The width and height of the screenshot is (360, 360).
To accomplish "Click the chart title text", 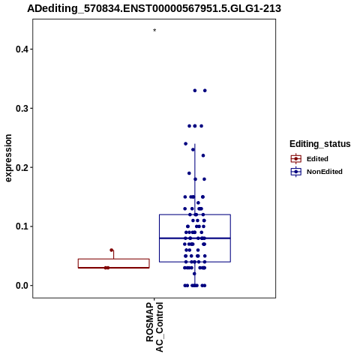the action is click(154, 9).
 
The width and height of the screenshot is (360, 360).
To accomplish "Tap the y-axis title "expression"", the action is click(8, 158).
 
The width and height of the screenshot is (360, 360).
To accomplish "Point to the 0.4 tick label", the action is click(21, 49).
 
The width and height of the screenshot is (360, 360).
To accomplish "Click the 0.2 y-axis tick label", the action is click(21, 167).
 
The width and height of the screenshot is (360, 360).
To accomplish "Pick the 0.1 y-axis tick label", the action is click(21, 226).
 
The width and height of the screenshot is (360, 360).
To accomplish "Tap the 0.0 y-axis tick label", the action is click(21, 286).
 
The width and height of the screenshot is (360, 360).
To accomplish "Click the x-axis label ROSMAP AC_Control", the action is click(154, 327).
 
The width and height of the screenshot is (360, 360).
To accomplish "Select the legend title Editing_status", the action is click(320, 144).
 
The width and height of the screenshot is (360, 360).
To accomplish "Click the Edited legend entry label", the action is click(317, 159).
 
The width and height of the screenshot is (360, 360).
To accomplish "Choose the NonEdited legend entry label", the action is click(325, 172).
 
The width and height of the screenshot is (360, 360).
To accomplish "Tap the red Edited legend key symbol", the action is click(296, 159).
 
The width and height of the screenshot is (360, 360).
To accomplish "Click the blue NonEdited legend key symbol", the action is click(296, 172).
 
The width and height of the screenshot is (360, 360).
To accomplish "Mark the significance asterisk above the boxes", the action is click(154, 30).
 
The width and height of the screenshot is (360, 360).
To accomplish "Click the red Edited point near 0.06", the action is click(112, 250).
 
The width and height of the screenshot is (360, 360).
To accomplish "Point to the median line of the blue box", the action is click(195, 238).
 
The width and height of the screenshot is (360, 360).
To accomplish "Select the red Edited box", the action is click(114, 259).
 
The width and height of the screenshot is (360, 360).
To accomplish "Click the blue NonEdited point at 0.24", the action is click(186, 144).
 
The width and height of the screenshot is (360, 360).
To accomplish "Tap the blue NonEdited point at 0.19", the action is click(189, 173).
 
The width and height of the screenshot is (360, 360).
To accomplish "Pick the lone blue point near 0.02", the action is click(194, 274).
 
